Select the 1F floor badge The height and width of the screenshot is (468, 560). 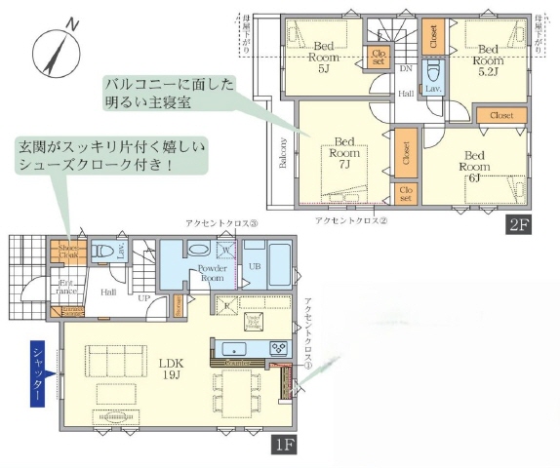tap(284, 446)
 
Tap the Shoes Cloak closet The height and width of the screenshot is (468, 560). tap(68, 251)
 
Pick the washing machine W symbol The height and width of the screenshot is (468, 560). tap(224, 250)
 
